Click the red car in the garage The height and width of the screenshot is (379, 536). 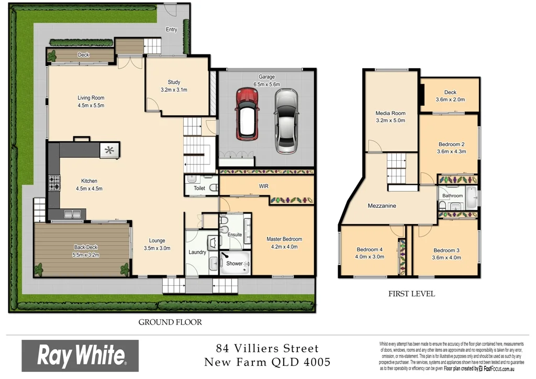point(247,114)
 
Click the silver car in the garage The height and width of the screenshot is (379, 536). point(285,120)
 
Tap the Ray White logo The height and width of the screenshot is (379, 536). point(80,356)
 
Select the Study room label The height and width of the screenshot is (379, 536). point(174,82)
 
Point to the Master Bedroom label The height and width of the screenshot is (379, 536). point(284,239)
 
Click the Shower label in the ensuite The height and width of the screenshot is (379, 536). point(234,263)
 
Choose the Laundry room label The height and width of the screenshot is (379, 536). point(197,252)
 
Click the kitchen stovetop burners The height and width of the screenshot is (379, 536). point(54,182)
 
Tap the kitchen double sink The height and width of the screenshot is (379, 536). point(71,214)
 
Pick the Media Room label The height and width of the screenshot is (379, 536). point(390,113)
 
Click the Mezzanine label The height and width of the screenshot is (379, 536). point(382,206)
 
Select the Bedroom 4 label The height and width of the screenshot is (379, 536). point(370,250)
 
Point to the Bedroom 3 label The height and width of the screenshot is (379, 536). point(446,250)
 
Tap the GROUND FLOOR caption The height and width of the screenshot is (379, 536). point(170,322)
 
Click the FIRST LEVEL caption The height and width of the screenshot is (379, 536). point(411,294)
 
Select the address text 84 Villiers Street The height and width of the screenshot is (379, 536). point(267,348)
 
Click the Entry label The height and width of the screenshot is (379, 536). point(172,29)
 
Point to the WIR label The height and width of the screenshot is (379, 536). point(264,186)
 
